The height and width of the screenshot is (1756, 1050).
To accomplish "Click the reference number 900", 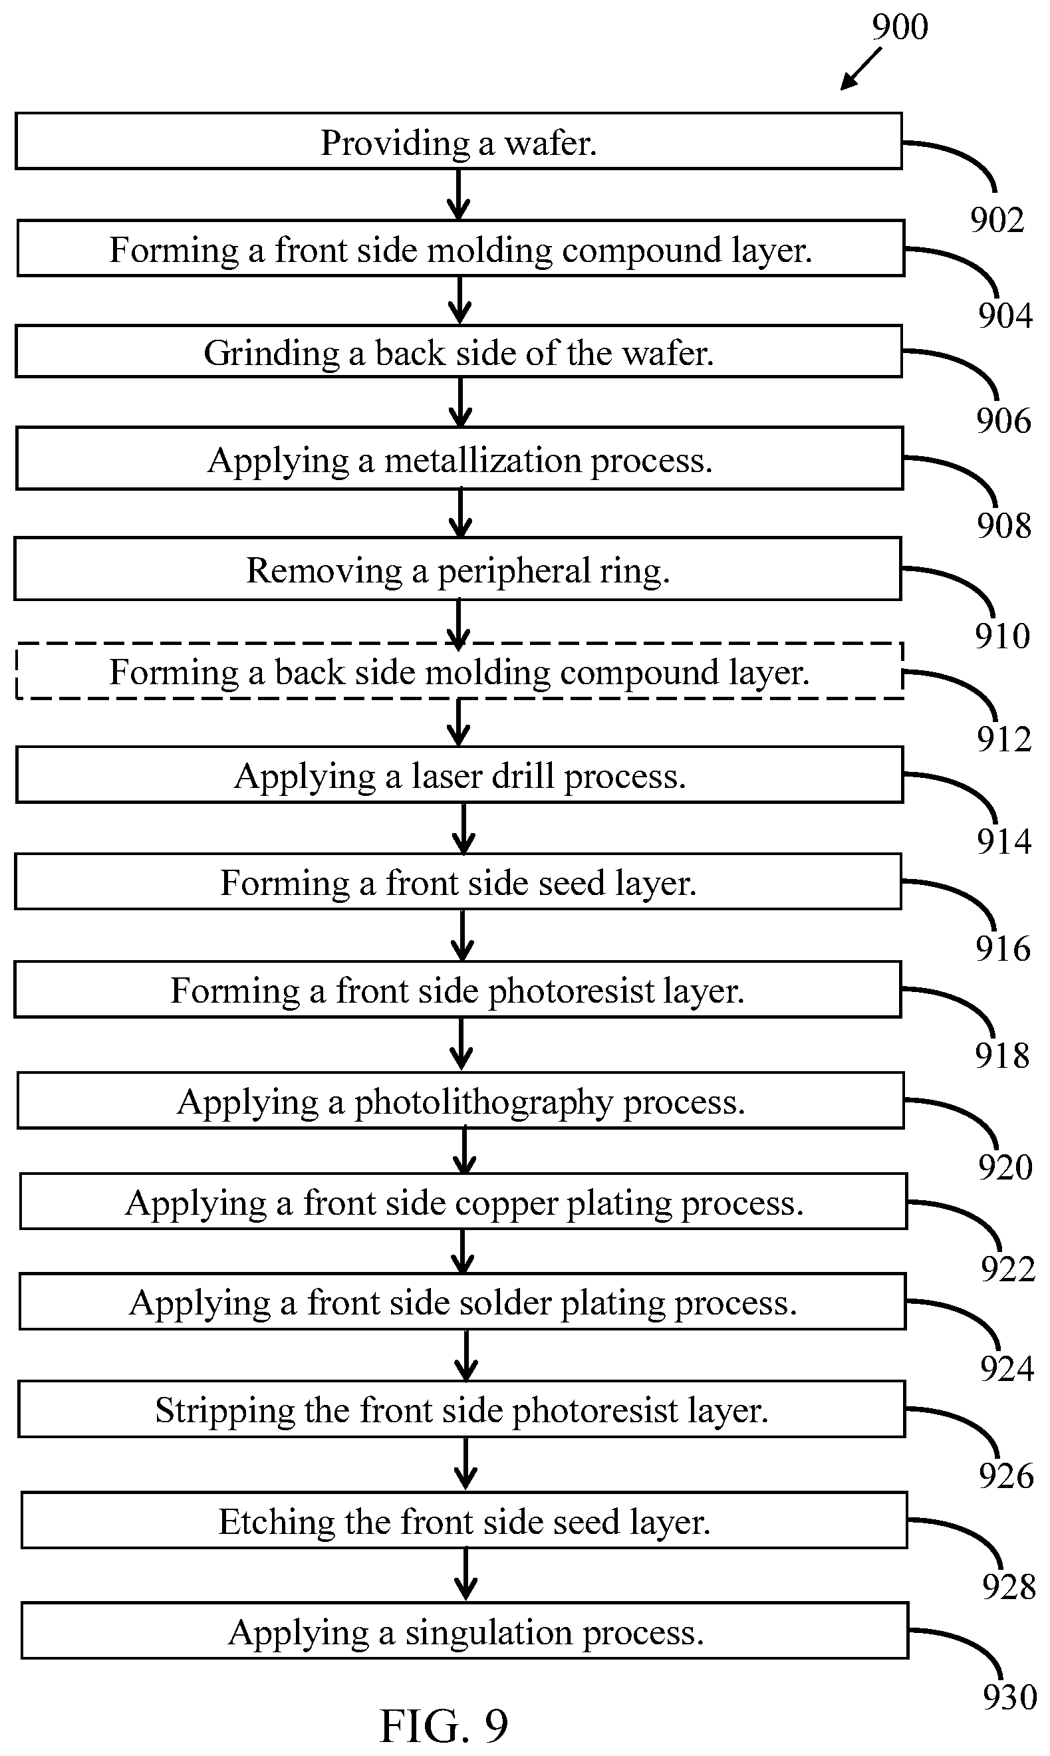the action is point(899,27).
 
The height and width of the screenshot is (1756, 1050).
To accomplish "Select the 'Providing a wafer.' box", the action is point(458,141).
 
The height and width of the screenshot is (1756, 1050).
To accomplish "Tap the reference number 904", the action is point(1005,315).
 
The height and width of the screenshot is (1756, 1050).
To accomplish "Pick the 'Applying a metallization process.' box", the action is point(459,457).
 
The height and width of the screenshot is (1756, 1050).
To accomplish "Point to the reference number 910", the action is point(1003,636).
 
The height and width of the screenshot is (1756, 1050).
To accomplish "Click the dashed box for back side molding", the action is point(459,671).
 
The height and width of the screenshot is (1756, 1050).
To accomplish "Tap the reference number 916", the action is point(1003,949).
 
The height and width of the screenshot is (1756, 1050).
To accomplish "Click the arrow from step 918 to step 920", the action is point(461,1045).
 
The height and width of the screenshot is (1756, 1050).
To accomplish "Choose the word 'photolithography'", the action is point(483,1103).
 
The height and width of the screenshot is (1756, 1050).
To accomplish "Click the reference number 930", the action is point(1009,1697).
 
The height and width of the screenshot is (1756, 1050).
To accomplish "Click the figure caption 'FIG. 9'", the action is point(444,1725).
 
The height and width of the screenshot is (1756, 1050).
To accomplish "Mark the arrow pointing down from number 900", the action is point(861,68).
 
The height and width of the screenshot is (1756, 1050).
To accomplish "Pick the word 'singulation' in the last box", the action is point(489,1634).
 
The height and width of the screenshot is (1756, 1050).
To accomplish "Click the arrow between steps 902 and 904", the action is point(458,195).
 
